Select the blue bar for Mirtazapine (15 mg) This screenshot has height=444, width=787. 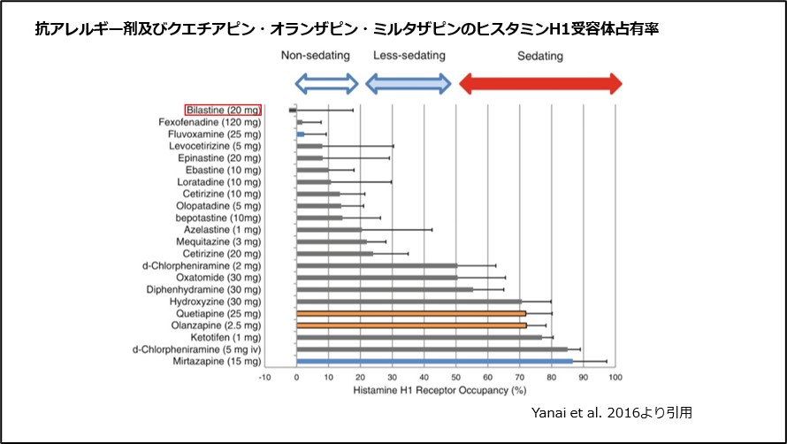pos(434,361)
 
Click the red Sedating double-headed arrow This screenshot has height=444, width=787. pos(539,84)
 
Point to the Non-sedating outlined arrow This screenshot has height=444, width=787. pos(326,84)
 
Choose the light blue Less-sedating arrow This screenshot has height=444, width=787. pos(409,84)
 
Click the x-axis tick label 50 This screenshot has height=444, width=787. pos(456,378)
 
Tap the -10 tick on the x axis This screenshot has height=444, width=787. pos(264,378)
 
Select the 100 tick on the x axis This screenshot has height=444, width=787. pos(615,378)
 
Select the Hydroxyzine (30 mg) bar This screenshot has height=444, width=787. pos(409,302)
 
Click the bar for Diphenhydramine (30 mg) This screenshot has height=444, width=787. pos(385,289)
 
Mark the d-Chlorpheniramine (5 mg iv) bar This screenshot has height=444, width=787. pos(432,349)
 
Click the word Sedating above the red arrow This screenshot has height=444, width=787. pos(539,56)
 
